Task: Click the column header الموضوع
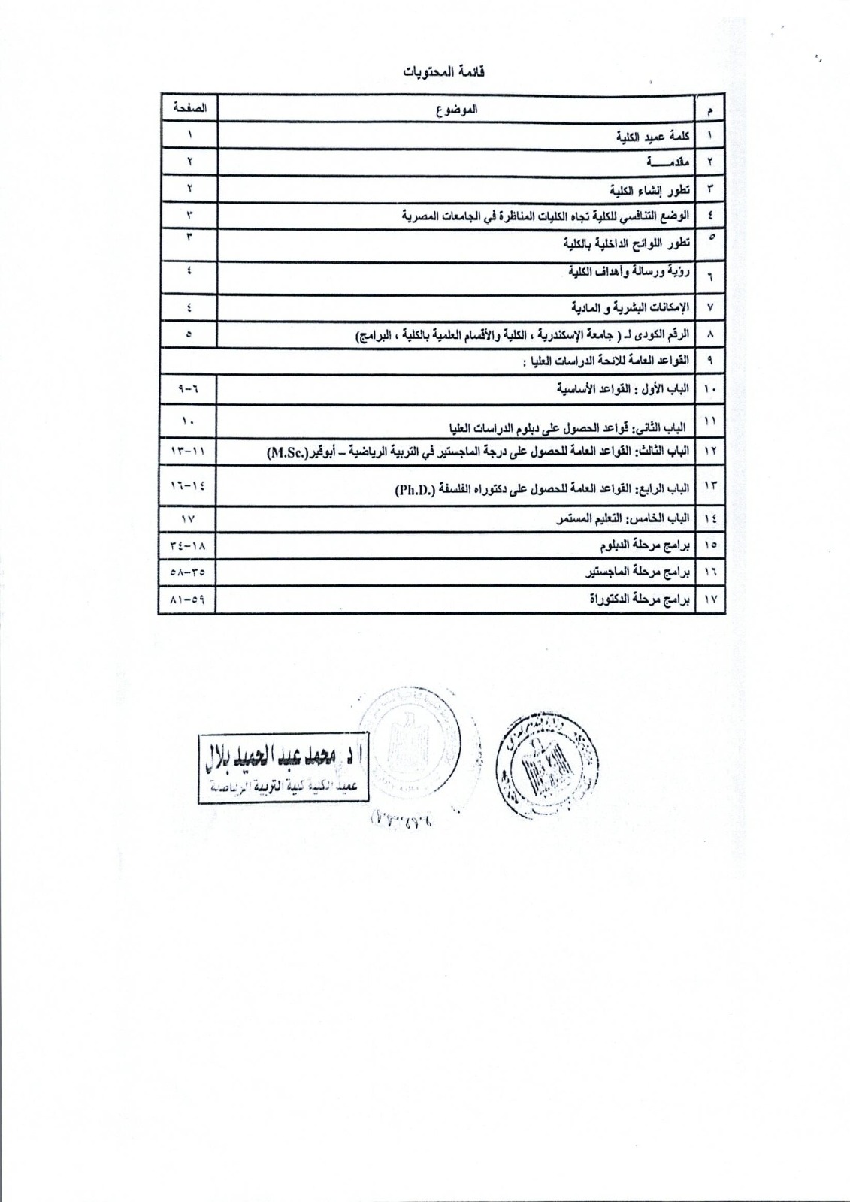[x=458, y=109]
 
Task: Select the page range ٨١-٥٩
[x=187, y=599]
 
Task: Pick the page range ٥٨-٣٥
[x=187, y=572]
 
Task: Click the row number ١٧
[x=709, y=599]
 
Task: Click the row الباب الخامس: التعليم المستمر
[x=621, y=518]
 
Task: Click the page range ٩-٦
[x=187, y=389]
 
